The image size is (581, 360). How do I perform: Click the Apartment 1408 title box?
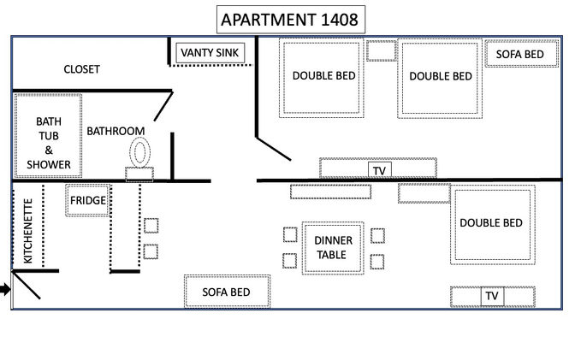291,20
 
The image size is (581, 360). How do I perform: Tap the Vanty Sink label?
210,53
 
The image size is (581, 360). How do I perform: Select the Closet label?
81,69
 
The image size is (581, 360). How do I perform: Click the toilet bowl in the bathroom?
139,152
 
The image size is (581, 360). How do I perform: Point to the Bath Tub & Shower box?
48,136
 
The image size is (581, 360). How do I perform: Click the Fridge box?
88,200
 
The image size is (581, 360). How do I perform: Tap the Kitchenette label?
27,231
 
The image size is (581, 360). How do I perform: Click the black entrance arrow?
5,289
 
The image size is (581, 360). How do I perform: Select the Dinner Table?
333,248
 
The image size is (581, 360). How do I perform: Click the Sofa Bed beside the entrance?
227,292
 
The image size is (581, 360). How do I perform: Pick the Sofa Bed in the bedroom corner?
522,54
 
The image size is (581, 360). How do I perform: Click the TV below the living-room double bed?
492,296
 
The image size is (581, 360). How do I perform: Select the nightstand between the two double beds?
382,50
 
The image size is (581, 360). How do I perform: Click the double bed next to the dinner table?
493,224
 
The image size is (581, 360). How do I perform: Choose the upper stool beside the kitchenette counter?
151,226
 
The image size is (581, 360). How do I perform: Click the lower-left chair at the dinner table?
289,261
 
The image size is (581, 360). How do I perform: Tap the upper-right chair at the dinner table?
377,236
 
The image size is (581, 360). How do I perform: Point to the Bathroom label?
116,131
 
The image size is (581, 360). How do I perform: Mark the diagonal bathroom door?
163,106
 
